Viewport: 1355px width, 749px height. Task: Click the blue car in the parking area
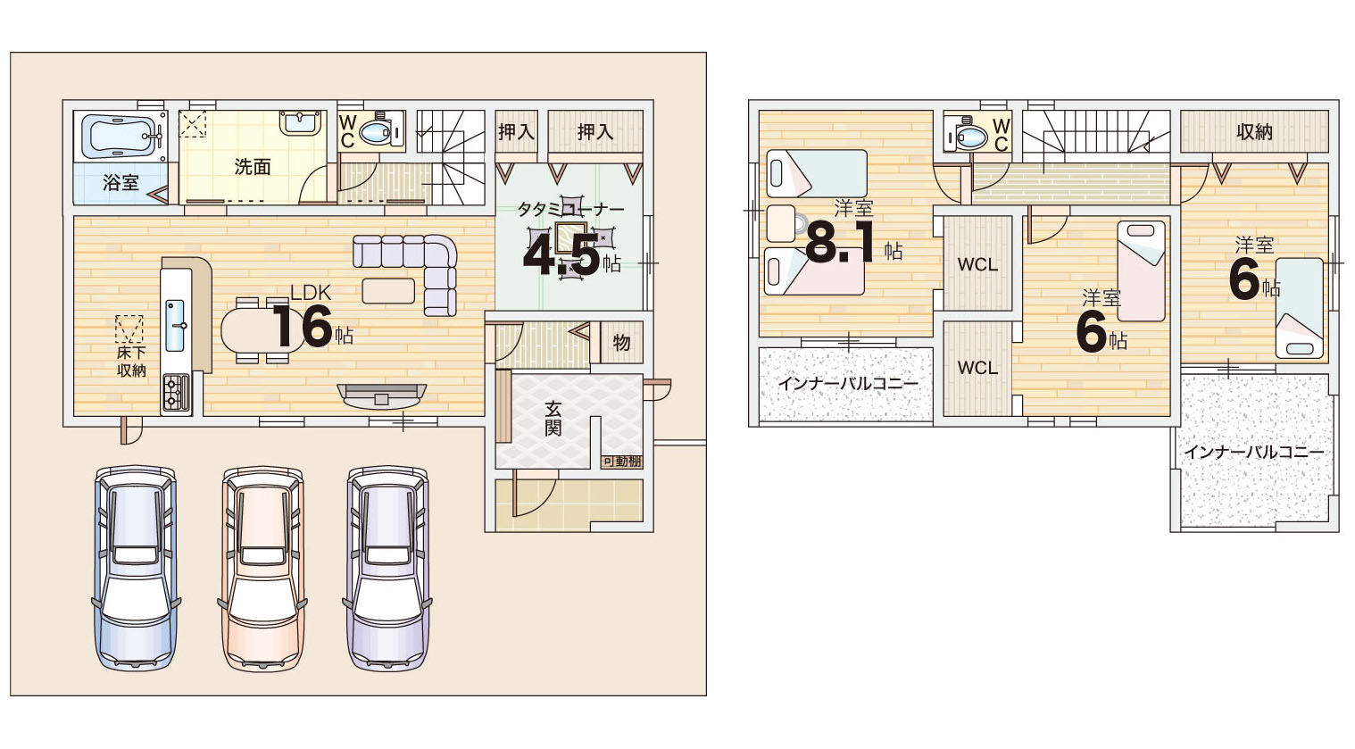(x=136, y=568)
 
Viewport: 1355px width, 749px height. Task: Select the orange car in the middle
(x=262, y=569)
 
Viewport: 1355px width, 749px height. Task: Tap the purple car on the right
(x=387, y=569)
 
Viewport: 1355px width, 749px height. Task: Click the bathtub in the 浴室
(x=121, y=136)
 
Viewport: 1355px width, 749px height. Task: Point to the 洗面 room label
(x=253, y=167)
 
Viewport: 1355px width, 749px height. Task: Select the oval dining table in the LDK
(x=262, y=330)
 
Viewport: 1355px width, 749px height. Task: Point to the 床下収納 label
(x=131, y=362)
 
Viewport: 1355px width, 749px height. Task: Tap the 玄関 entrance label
(x=553, y=419)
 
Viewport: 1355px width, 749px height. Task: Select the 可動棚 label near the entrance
(x=621, y=461)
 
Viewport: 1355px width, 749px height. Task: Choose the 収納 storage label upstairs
(x=1255, y=131)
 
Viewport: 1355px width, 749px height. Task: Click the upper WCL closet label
(x=977, y=264)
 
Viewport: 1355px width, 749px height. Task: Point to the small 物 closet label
(x=621, y=343)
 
